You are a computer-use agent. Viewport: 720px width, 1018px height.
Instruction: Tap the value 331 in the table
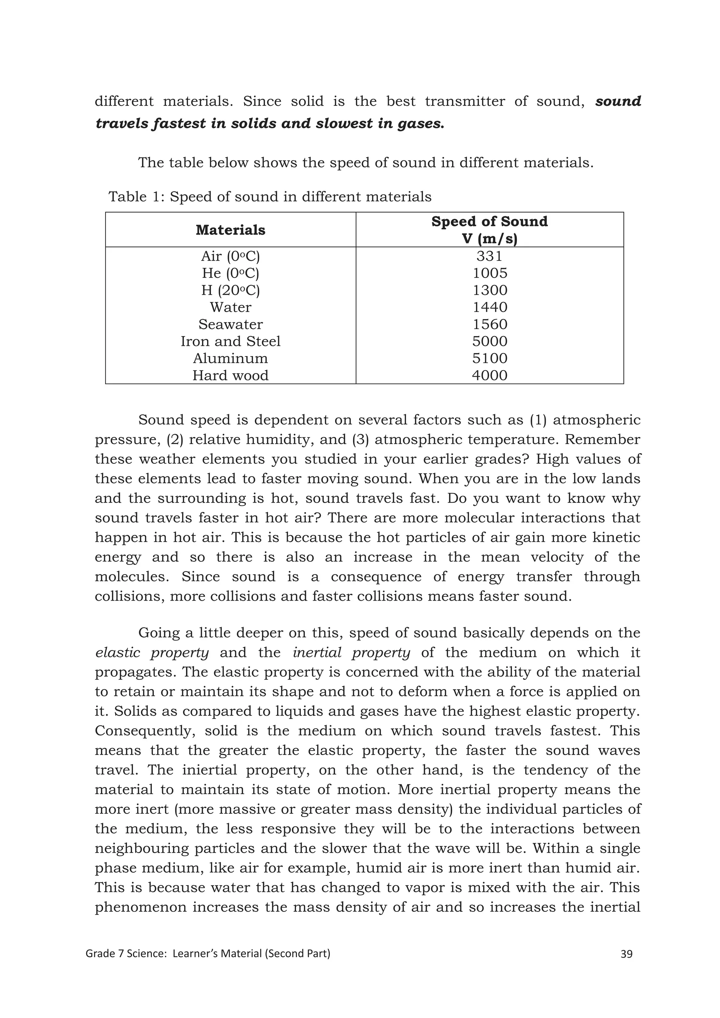click(x=489, y=256)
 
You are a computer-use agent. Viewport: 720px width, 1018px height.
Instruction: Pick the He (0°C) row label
click(x=230, y=273)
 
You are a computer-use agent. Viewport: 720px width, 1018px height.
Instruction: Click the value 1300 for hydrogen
click(x=489, y=290)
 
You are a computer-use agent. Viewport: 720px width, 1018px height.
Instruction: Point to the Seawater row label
click(x=230, y=324)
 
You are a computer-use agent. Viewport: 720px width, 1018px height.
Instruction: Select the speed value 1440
click(x=489, y=307)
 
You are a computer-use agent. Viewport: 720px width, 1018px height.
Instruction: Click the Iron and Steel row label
click(x=230, y=341)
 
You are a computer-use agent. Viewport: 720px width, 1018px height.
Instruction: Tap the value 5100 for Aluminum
click(x=489, y=358)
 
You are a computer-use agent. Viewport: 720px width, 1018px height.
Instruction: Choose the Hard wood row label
click(x=230, y=375)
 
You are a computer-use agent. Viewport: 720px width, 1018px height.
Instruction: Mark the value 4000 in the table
click(x=489, y=375)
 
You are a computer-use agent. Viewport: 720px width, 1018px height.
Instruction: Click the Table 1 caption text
click(x=270, y=196)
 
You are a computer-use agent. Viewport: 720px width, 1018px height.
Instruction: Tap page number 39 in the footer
click(x=626, y=954)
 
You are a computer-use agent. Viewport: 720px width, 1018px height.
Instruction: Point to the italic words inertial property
click(x=351, y=653)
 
